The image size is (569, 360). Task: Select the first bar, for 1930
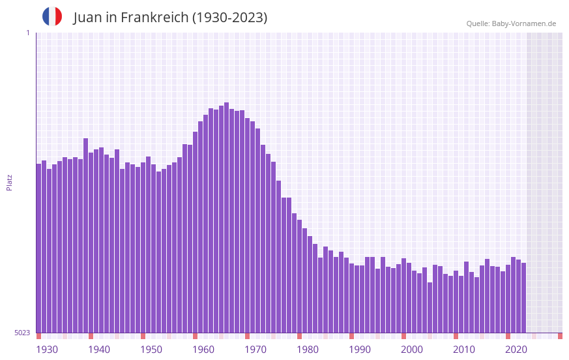point(38,248)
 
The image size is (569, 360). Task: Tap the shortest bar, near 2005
point(430,307)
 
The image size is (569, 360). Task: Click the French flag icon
point(52,16)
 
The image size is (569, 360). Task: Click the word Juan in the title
point(87,18)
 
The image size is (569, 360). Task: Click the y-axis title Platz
point(9,182)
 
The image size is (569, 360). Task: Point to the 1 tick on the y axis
point(27,33)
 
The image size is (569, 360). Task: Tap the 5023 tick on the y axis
point(22,333)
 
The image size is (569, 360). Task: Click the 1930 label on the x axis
point(47,350)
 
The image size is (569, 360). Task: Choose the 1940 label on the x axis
point(99,350)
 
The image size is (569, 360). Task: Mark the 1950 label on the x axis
point(151,350)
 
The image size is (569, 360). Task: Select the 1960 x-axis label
point(203,350)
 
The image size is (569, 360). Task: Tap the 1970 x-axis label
point(255,350)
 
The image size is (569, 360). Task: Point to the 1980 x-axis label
point(308,350)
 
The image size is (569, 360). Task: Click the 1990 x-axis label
point(360,350)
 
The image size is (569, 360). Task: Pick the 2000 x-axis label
point(412,350)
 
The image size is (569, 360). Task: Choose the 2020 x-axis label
point(516,350)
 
